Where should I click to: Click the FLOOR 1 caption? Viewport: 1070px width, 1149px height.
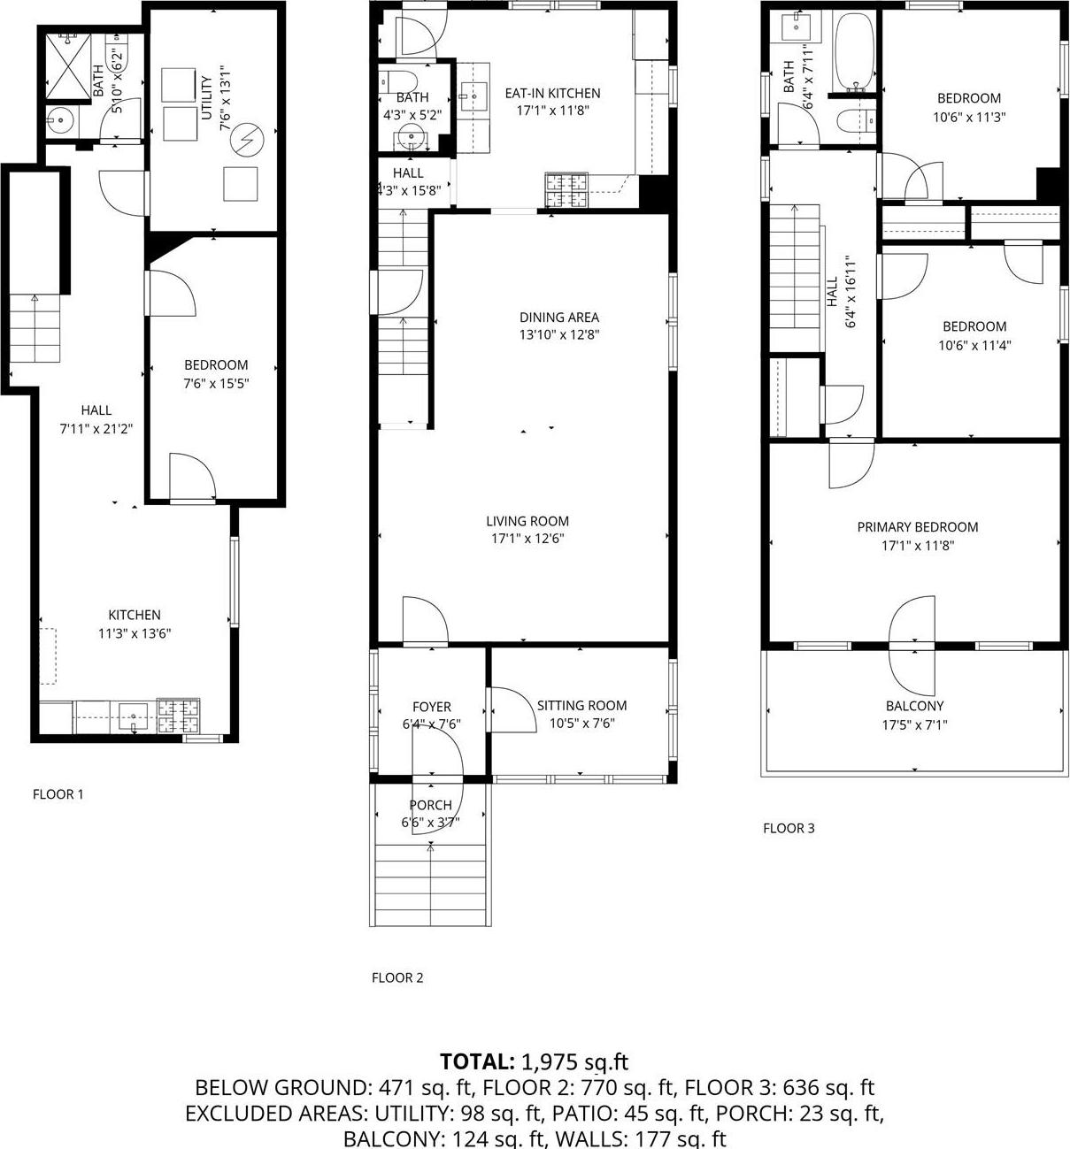58,794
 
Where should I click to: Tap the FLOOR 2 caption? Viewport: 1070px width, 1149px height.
397,977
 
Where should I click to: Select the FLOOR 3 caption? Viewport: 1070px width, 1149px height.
789,828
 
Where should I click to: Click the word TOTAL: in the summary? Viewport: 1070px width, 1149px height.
477,1061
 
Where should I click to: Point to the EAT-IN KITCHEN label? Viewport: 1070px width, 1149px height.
552,93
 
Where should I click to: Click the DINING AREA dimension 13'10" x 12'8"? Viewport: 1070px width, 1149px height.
559,335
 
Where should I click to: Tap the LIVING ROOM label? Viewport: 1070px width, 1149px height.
527,521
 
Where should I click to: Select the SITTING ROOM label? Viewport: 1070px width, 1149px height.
581,705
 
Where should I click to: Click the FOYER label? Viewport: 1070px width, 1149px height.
432,707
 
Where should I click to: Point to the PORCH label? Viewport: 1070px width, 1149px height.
431,805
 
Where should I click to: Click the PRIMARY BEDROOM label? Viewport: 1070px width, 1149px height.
918,527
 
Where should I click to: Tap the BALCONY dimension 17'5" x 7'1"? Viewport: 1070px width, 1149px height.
915,724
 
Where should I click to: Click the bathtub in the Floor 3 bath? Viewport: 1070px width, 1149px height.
855,52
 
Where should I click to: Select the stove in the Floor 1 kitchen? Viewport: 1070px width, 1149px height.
178,716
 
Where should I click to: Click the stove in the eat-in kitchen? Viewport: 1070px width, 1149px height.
566,190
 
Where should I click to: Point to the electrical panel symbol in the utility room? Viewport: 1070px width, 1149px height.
252,138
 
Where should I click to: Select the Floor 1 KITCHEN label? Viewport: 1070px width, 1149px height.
135,615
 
